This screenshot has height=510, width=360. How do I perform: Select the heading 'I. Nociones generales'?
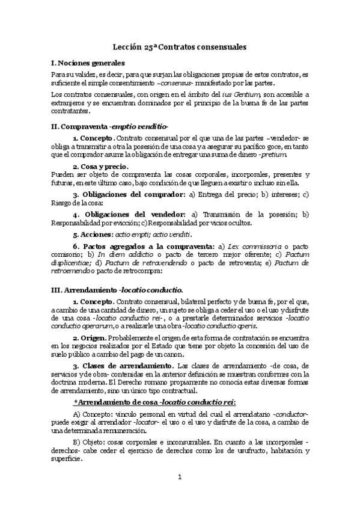coord(88,63)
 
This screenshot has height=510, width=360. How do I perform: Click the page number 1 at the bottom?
coord(180,478)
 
